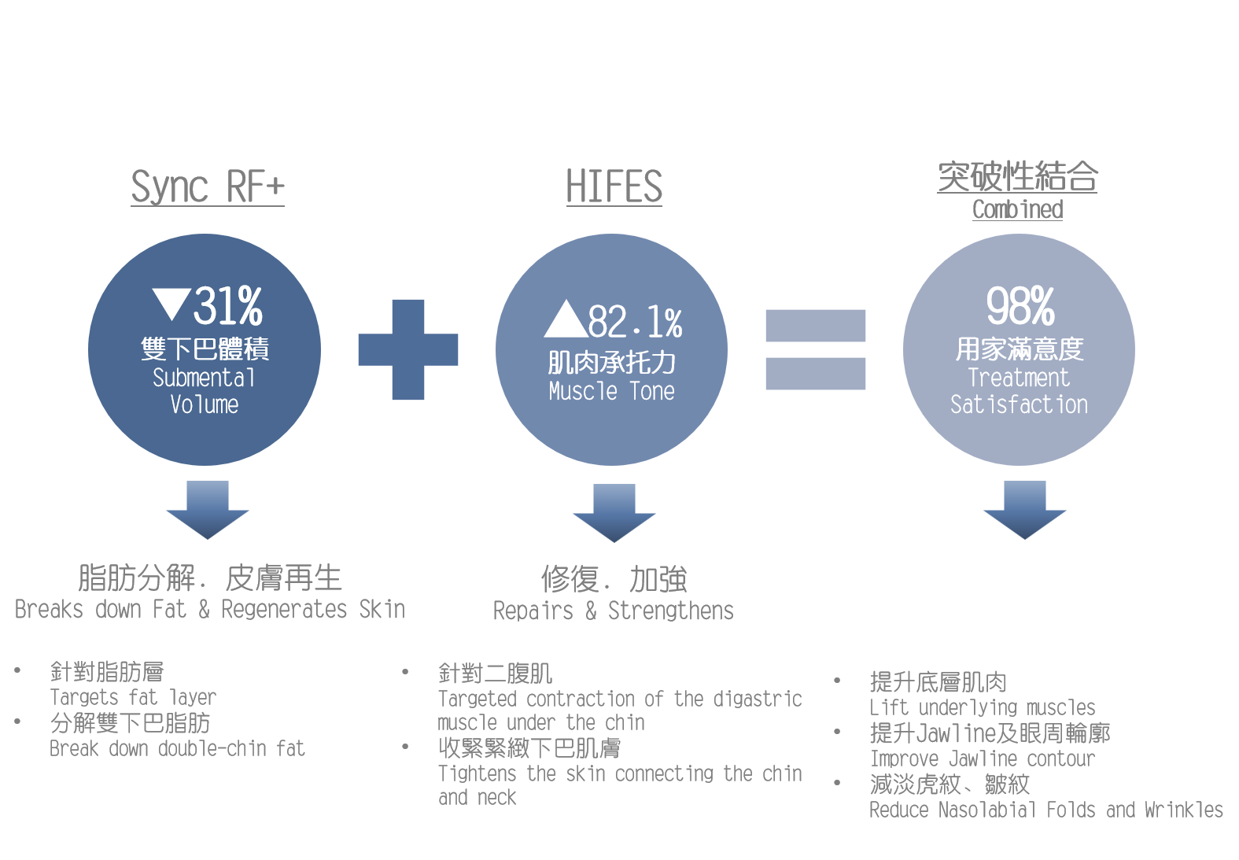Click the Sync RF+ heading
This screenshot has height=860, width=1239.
pyautogui.click(x=208, y=187)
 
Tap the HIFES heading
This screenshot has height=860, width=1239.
pyautogui.click(x=614, y=187)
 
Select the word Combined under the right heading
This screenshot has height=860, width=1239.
pyautogui.click(x=1017, y=210)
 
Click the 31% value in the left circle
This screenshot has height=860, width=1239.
pyautogui.click(x=228, y=306)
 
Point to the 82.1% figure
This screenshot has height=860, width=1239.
pyautogui.click(x=635, y=322)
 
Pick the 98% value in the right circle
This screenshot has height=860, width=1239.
pyautogui.click(x=1020, y=306)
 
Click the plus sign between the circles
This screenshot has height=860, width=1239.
pyautogui.click(x=408, y=349)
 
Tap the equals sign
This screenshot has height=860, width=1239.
pyautogui.click(x=815, y=349)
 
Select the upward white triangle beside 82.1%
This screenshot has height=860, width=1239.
pyautogui.click(x=565, y=319)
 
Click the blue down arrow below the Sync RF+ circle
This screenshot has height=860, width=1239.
pyautogui.click(x=208, y=510)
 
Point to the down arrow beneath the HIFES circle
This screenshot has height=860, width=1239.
pyautogui.click(x=614, y=513)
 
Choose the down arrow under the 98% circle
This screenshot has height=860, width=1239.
pyautogui.click(x=1024, y=510)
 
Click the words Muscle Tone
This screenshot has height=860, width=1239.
pyautogui.click(x=611, y=391)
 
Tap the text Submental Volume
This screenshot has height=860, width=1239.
pyautogui.click(x=205, y=391)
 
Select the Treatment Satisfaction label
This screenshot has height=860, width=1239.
pyautogui.click(x=1019, y=391)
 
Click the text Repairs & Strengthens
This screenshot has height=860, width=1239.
pyautogui.click(x=613, y=611)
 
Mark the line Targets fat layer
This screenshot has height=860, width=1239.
pyautogui.click(x=133, y=697)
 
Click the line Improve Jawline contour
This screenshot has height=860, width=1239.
pyautogui.click(x=982, y=758)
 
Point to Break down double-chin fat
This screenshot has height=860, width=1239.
pyautogui.click(x=177, y=748)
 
